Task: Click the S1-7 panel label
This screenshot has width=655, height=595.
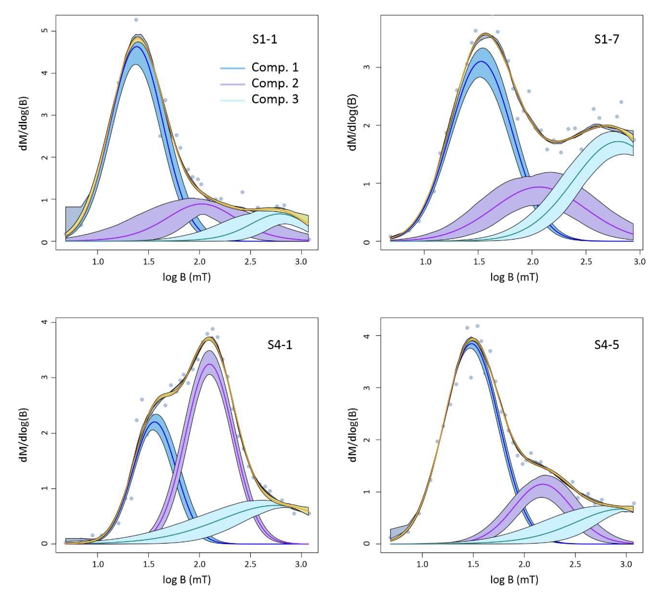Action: tap(606, 39)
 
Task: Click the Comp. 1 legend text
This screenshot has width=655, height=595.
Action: tap(275, 67)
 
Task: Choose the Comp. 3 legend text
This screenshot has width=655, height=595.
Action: tap(275, 99)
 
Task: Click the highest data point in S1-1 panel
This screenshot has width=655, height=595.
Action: tap(136, 20)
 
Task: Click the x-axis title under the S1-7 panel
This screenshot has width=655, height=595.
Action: tap(514, 277)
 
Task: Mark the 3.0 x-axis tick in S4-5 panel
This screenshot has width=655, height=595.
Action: tap(626, 564)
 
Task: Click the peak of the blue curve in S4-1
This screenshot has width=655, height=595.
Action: tap(154, 422)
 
